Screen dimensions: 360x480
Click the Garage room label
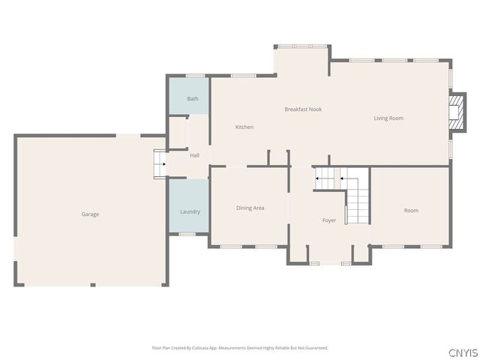pos(90,214)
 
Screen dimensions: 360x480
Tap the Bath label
pos(193,99)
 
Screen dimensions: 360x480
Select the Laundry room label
pos(190,211)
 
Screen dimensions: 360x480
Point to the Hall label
pos(194,155)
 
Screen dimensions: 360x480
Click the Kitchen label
pos(244,127)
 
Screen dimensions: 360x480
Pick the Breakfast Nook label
pos(303,109)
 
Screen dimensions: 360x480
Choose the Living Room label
pos(388,118)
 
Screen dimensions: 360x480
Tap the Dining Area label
pos(250,208)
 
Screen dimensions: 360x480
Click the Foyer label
pos(329,220)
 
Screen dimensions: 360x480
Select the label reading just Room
pos(411,211)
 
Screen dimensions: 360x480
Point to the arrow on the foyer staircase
pos(319,178)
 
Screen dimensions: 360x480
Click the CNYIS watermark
pos(463,352)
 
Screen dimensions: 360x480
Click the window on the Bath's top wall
pos(195,75)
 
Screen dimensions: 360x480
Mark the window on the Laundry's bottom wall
pos(187,234)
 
